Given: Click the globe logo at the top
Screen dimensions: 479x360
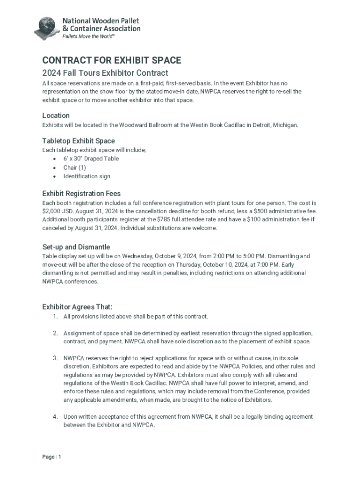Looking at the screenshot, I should pyautogui.click(x=47, y=28).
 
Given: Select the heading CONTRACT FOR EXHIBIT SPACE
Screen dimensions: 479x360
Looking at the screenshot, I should pyautogui.click(x=112, y=60).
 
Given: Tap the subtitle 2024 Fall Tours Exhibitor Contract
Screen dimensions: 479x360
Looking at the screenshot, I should pyautogui.click(x=105, y=73).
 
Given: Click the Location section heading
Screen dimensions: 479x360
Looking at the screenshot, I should pyautogui.click(x=56, y=116).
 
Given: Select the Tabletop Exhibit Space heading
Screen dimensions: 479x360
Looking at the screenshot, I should pyautogui.click(x=79, y=141).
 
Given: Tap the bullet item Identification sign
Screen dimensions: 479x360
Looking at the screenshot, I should pyautogui.click(x=87, y=176).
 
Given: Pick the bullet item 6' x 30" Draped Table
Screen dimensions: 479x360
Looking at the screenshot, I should pyautogui.click(x=91, y=159).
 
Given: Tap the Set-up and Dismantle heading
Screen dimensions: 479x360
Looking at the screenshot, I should pyautogui.click(x=76, y=247).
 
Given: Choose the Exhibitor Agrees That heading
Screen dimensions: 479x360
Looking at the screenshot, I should pyautogui.click(x=78, y=307).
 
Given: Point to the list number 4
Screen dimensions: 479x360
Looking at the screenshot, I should pyautogui.click(x=55, y=417).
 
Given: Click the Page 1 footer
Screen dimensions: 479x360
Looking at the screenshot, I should pyautogui.click(x=52, y=457).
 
